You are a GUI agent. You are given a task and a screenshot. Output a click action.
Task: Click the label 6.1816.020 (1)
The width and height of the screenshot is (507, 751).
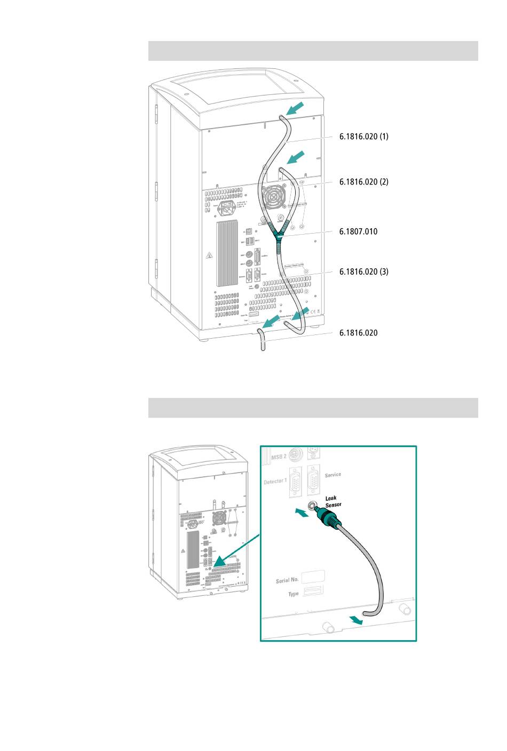pyautogui.click(x=363, y=137)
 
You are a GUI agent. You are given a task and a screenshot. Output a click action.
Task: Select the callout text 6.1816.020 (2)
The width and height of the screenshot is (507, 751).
pyautogui.click(x=363, y=182)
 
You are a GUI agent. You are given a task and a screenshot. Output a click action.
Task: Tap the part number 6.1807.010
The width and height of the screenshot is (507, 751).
pyautogui.click(x=358, y=231)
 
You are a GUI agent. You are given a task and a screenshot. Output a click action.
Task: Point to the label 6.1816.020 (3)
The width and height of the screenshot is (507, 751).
pyautogui.click(x=363, y=271)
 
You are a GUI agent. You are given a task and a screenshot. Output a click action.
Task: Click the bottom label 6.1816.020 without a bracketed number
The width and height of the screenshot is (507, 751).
pyautogui.click(x=358, y=333)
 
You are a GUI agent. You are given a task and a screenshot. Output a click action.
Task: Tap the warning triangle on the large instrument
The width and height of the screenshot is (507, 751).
pyautogui.click(x=209, y=256)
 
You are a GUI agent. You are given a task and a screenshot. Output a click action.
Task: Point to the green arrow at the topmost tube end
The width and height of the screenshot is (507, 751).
pyautogui.click(x=295, y=109)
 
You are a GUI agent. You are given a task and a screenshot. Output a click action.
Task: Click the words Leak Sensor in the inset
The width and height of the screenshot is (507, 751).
pyautogui.click(x=333, y=501)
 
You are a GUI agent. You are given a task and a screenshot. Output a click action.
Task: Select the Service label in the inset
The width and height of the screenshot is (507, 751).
pyautogui.click(x=333, y=475)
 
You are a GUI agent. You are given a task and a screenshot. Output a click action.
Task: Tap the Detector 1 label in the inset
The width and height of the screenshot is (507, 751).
pyautogui.click(x=275, y=482)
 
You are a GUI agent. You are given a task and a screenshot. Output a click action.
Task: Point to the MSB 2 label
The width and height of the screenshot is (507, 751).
pyautogui.click(x=279, y=457)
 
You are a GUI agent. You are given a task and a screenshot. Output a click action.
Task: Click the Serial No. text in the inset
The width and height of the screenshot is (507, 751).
pyautogui.click(x=287, y=580)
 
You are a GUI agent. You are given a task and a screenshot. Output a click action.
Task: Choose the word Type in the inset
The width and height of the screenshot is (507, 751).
pyautogui.click(x=294, y=594)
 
